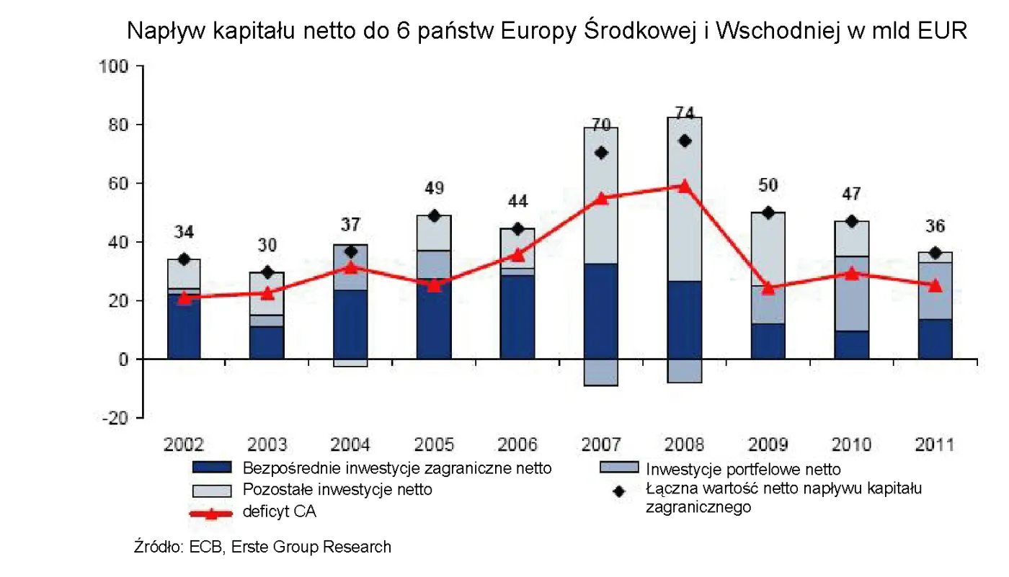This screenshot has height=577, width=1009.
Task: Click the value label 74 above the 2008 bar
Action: pos(684,113)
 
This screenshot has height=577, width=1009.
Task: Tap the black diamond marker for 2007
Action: pos(602,153)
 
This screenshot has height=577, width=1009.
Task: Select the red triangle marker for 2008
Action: pos(685,186)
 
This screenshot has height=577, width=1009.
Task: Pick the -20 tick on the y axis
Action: pos(114,418)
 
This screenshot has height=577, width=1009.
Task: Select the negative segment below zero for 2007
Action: pos(601,372)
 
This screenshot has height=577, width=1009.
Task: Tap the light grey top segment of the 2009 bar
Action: pos(768,249)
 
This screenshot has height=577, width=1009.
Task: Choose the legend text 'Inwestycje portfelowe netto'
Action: pos(743,470)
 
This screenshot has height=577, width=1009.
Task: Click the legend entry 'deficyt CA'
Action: pos(280,512)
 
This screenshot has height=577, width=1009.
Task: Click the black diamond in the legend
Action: pos(618,491)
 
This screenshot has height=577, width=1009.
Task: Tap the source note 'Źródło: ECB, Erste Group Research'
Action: pos(262,547)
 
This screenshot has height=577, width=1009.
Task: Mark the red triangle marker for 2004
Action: pos(351,267)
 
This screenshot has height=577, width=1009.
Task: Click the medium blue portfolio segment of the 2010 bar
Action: pos(851,293)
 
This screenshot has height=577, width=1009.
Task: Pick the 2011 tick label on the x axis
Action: pos(934,444)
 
